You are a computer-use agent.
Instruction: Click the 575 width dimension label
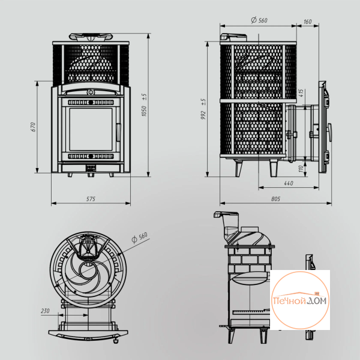coord(91,199)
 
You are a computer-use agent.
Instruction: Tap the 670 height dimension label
coord(33,127)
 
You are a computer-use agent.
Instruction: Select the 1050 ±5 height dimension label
coord(144,105)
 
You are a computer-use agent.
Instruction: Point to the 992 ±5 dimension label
coord(203,109)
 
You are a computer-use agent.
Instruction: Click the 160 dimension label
coord(307,22)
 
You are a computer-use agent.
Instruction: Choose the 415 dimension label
coord(301,93)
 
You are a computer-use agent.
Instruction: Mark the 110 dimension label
coord(301,169)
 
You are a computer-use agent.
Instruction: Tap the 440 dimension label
coord(289,183)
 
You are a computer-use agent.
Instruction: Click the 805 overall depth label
coord(275,199)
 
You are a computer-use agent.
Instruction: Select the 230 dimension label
coord(45,311)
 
